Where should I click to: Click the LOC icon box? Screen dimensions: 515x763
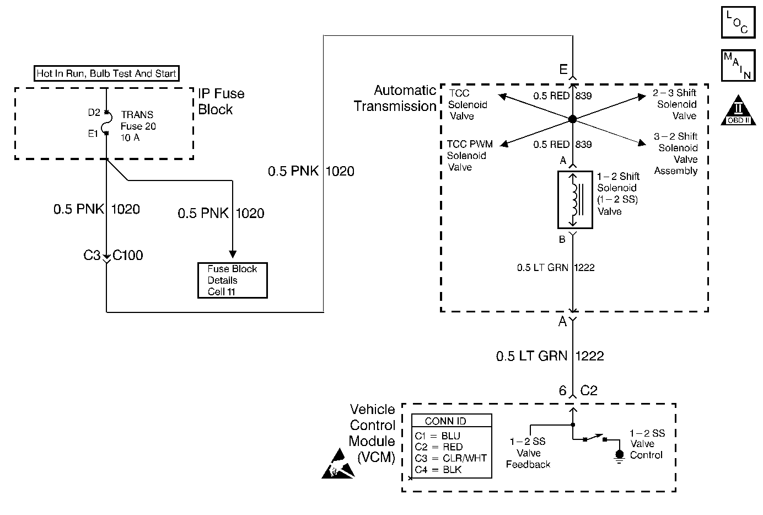click(738, 22)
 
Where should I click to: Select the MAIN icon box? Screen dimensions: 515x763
click(738, 66)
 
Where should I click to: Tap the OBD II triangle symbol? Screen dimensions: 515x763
click(739, 110)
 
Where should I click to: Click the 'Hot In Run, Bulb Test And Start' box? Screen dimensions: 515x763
click(106, 73)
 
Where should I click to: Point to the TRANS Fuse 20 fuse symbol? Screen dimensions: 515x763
click(106, 123)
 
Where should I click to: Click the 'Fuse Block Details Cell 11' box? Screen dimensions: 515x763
click(232, 280)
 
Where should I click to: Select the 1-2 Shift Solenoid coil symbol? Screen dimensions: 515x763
click(574, 199)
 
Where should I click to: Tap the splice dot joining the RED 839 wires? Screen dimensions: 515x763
click(572, 119)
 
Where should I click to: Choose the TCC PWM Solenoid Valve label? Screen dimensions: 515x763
click(469, 156)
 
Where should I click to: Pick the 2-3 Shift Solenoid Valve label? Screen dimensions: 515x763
click(676, 104)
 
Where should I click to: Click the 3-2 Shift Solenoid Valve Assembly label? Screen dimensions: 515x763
click(676, 153)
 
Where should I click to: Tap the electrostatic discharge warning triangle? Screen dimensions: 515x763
click(338, 465)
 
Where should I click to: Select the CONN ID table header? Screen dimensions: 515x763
click(445, 421)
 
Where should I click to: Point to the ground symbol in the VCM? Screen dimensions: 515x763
click(619, 455)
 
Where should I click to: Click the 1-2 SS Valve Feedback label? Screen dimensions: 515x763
click(528, 453)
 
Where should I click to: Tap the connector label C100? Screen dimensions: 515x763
click(128, 256)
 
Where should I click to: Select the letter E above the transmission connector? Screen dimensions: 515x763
click(563, 70)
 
